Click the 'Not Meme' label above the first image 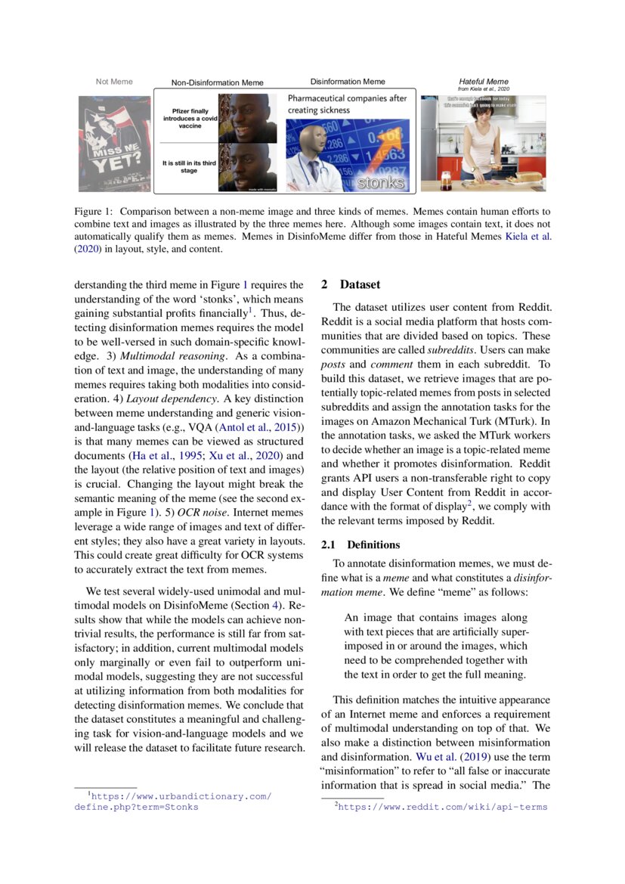(x=114, y=82)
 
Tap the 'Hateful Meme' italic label (x=484, y=82)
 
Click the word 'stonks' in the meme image (x=380, y=183)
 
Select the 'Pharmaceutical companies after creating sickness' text (x=347, y=104)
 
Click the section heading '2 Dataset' (x=351, y=285)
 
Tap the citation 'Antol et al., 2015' (x=259, y=428)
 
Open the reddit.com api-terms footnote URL (x=441, y=808)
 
